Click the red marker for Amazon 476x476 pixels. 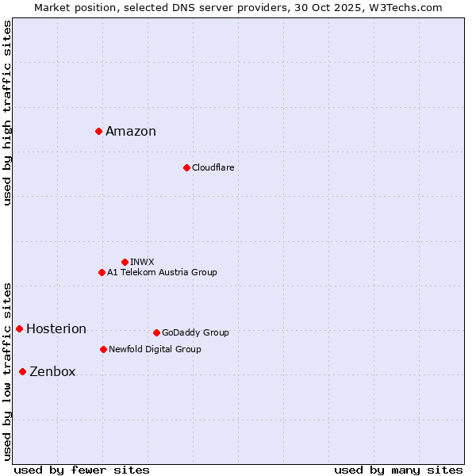(98, 131)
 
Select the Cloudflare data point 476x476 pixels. (186, 167)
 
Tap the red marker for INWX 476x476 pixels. (125, 262)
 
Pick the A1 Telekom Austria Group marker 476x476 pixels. (102, 272)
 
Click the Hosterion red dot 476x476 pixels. (19, 328)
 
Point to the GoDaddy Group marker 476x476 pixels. (156, 332)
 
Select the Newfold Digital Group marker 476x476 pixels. (103, 349)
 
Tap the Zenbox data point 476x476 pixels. (22, 371)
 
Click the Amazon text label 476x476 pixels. (131, 132)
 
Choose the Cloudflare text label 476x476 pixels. (213, 167)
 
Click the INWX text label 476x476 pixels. (142, 262)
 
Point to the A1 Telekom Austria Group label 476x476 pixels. (162, 272)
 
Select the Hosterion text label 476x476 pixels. (56, 329)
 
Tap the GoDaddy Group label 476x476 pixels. (195, 332)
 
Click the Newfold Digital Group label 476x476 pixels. (155, 349)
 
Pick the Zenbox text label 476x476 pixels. (52, 372)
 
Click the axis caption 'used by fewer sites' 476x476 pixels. (82, 470)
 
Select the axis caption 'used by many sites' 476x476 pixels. (398, 470)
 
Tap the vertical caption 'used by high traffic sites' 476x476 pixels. (7, 113)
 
